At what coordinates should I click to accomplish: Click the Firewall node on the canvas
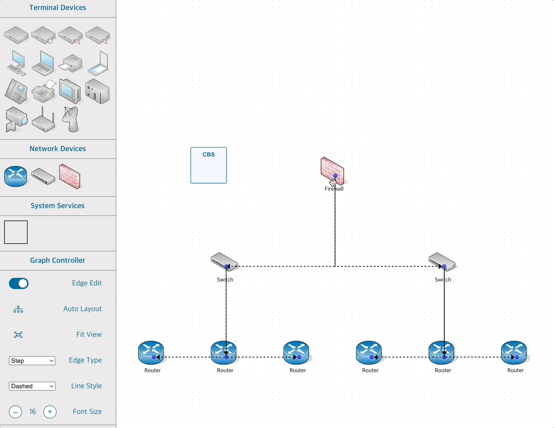pyautogui.click(x=332, y=171)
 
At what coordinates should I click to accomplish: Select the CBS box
pyautogui.click(x=208, y=165)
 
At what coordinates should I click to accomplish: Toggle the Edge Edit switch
pyautogui.click(x=19, y=283)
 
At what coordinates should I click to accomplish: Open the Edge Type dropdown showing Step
pyautogui.click(x=32, y=361)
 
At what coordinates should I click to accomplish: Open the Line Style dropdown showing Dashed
pyautogui.click(x=32, y=386)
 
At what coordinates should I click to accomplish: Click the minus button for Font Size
pyautogui.click(x=15, y=412)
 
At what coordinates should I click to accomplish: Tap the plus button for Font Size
pyautogui.click(x=50, y=412)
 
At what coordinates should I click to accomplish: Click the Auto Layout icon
pyautogui.click(x=18, y=309)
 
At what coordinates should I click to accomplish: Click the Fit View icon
pyautogui.click(x=18, y=335)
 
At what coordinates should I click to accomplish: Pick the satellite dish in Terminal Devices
pyautogui.click(x=71, y=119)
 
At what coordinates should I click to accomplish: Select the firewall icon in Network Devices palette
pyautogui.click(x=70, y=176)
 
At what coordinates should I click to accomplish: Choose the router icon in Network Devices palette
pyautogui.click(x=16, y=176)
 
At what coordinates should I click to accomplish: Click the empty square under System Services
pyautogui.click(x=16, y=232)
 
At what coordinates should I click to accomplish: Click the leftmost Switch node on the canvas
pyautogui.click(x=224, y=262)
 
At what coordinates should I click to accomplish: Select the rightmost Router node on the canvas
pyautogui.click(x=514, y=353)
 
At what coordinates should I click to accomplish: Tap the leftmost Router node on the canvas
pyautogui.click(x=151, y=353)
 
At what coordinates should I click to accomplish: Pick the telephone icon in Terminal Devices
pyautogui.click(x=16, y=91)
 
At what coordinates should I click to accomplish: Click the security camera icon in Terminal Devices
pyautogui.click(x=16, y=119)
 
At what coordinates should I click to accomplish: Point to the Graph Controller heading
pyautogui.click(x=57, y=260)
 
